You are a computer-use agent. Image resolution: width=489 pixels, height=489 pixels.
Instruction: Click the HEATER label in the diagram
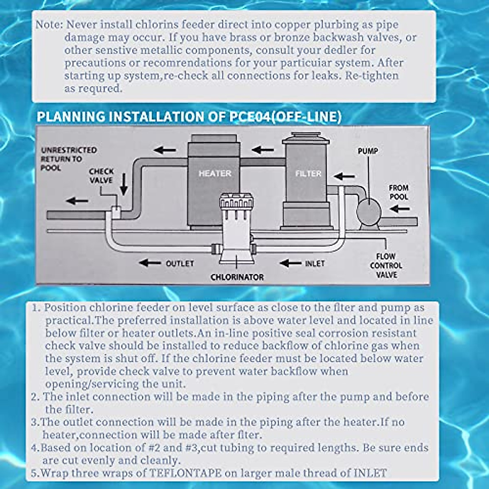point(215,174)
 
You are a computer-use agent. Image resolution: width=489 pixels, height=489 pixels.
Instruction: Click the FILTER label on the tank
point(308,174)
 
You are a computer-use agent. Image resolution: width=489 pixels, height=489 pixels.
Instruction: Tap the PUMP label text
point(368,151)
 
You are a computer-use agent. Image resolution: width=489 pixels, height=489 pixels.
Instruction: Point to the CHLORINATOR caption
point(237,277)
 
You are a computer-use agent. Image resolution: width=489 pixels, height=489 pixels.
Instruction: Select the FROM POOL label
point(398,192)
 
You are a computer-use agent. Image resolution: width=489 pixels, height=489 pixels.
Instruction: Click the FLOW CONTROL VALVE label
point(386,266)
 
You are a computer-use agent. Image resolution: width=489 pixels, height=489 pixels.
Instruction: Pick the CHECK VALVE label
point(101,176)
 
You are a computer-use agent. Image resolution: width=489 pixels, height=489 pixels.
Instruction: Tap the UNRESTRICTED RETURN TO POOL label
point(68,159)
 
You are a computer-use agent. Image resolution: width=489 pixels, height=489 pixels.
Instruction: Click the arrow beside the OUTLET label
point(150,263)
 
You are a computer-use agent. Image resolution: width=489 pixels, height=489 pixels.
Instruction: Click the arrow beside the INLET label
point(291,263)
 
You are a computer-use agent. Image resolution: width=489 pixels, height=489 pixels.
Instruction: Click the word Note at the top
point(48,24)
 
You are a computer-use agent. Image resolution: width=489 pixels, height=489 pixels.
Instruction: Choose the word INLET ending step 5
point(370,473)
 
